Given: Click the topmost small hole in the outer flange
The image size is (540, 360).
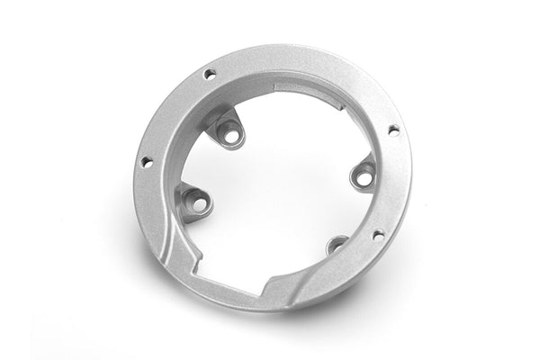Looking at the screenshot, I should (210, 74).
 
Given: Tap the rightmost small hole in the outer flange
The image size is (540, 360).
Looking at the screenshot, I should (393, 130).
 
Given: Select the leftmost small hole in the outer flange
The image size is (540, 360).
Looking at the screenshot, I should (146, 161).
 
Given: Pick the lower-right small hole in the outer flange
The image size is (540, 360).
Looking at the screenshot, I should (378, 236).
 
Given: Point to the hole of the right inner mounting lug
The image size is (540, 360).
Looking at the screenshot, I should (363, 177).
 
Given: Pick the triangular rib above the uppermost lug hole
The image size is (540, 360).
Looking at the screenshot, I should (225, 117).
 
